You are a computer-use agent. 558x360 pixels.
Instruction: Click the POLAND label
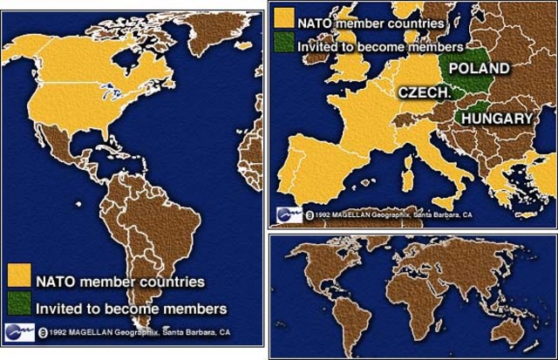[479, 67]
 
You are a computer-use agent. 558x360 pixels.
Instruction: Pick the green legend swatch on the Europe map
[283, 41]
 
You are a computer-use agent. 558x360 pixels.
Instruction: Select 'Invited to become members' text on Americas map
[131, 307]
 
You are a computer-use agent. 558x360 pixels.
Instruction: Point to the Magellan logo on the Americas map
[19, 332]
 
